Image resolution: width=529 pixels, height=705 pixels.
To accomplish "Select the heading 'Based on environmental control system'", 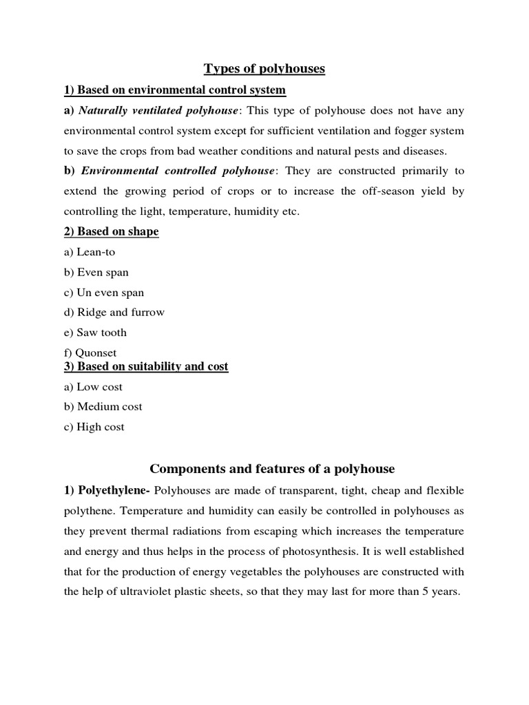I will point(181,90).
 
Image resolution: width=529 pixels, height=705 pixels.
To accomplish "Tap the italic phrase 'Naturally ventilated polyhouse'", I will point(158,111).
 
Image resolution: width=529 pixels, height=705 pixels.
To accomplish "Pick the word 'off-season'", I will point(365,191).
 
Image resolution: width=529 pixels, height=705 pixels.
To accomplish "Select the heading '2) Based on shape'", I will point(111,231).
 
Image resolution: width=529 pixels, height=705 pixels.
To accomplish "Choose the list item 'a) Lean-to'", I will point(90,252).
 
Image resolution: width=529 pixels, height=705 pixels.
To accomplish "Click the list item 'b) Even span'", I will point(96,272).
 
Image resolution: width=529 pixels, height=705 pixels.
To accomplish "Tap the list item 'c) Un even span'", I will point(104,292).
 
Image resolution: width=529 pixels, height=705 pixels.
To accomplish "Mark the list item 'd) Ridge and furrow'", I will point(114,312).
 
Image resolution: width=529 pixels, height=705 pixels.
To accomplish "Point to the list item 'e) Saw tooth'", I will point(95,333).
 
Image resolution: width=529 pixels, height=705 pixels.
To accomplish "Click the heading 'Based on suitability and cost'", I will point(152,366).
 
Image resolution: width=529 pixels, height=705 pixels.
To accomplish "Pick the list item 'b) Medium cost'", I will point(103,406).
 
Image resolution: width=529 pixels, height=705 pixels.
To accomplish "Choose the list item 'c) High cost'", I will point(94,427).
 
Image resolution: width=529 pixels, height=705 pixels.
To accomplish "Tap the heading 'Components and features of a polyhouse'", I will point(272,469).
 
